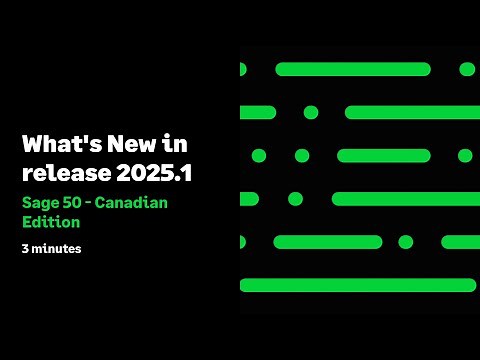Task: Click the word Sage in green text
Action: [x=41, y=203]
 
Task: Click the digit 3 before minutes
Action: [x=25, y=248]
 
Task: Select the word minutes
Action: [x=56, y=248]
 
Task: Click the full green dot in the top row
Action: [x=467, y=69]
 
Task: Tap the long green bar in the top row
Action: [x=352, y=69]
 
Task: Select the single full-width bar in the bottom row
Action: [x=358, y=285]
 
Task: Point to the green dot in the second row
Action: [x=311, y=112]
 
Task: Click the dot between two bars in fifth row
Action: [x=405, y=242]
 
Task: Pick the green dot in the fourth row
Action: [x=295, y=199]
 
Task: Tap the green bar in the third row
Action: [x=383, y=156]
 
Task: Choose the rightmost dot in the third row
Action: [x=465, y=156]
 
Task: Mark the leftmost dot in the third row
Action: [x=259, y=156]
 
